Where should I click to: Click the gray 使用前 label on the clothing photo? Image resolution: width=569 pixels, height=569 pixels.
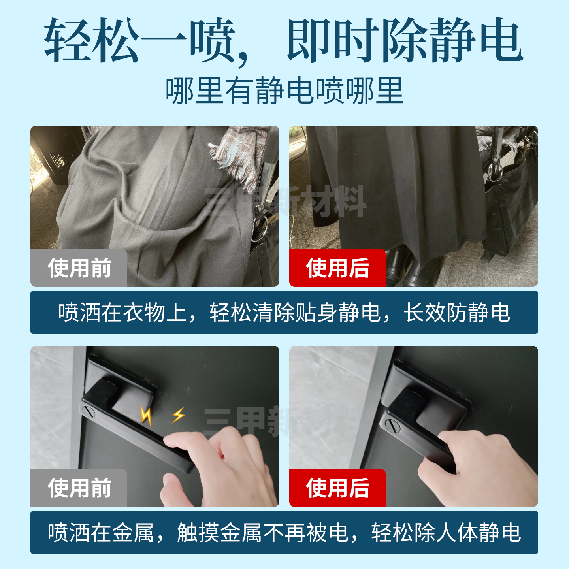[79, 268]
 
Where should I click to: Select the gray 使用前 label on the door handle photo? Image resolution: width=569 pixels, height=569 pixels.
[79, 488]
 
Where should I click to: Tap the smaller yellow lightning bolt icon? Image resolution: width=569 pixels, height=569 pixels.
[178, 415]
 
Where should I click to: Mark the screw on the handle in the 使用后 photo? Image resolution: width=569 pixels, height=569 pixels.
[392, 426]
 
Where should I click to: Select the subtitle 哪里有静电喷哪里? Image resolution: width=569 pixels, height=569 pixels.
[284, 91]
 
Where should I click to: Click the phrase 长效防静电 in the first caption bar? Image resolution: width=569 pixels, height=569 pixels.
[456, 313]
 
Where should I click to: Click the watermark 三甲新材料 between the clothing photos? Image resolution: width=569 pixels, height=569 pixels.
[284, 202]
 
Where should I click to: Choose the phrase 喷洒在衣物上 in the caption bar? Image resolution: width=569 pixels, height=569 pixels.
[122, 313]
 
